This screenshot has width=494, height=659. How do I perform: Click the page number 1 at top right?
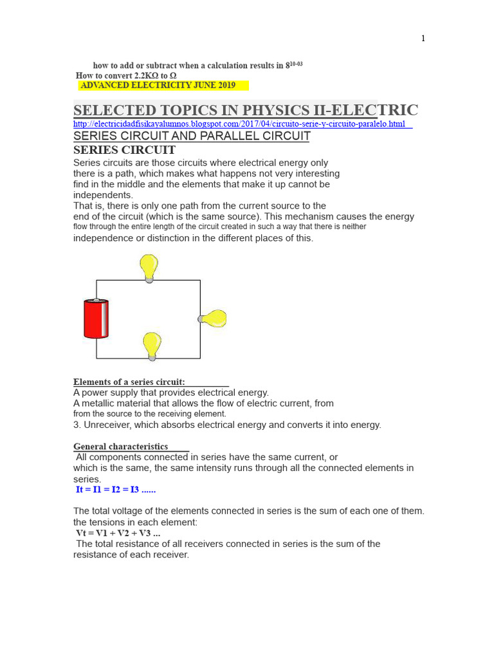pos(423,39)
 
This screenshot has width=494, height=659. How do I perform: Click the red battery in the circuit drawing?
pos(96,319)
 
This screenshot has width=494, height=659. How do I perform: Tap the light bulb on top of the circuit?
pos(149,267)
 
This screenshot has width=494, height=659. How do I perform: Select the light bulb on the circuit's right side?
pos(213,319)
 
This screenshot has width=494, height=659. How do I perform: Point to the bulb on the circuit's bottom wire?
pos(152,345)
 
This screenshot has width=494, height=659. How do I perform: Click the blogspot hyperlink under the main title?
pos(239,124)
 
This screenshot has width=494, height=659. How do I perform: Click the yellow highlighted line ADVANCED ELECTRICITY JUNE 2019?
pos(158,85)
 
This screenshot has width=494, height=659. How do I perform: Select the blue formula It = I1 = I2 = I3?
pos(116,490)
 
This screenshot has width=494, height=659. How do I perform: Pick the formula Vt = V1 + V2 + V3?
pos(118,533)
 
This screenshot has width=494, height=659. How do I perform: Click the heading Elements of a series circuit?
pos(129,382)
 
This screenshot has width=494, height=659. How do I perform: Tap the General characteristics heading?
pos(120,447)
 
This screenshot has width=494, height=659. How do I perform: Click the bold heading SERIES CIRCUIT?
pos(124,150)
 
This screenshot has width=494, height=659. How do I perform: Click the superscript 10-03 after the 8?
pos(297,64)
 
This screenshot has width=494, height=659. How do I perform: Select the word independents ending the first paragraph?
pos(103,195)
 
